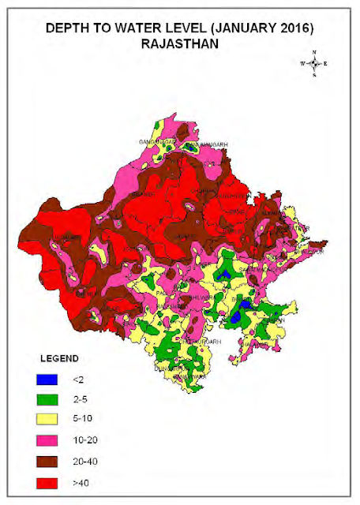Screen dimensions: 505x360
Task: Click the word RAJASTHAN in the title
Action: pyautogui.click(x=179, y=43)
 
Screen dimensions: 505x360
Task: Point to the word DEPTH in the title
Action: pyautogui.click(x=68, y=28)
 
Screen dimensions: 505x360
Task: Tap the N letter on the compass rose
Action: pyautogui.click(x=314, y=52)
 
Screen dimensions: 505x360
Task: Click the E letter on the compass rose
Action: pyautogui.click(x=326, y=63)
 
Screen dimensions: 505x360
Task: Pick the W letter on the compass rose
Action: pyautogui.click(x=302, y=63)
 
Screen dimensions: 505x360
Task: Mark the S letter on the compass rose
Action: pyautogui.click(x=314, y=75)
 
